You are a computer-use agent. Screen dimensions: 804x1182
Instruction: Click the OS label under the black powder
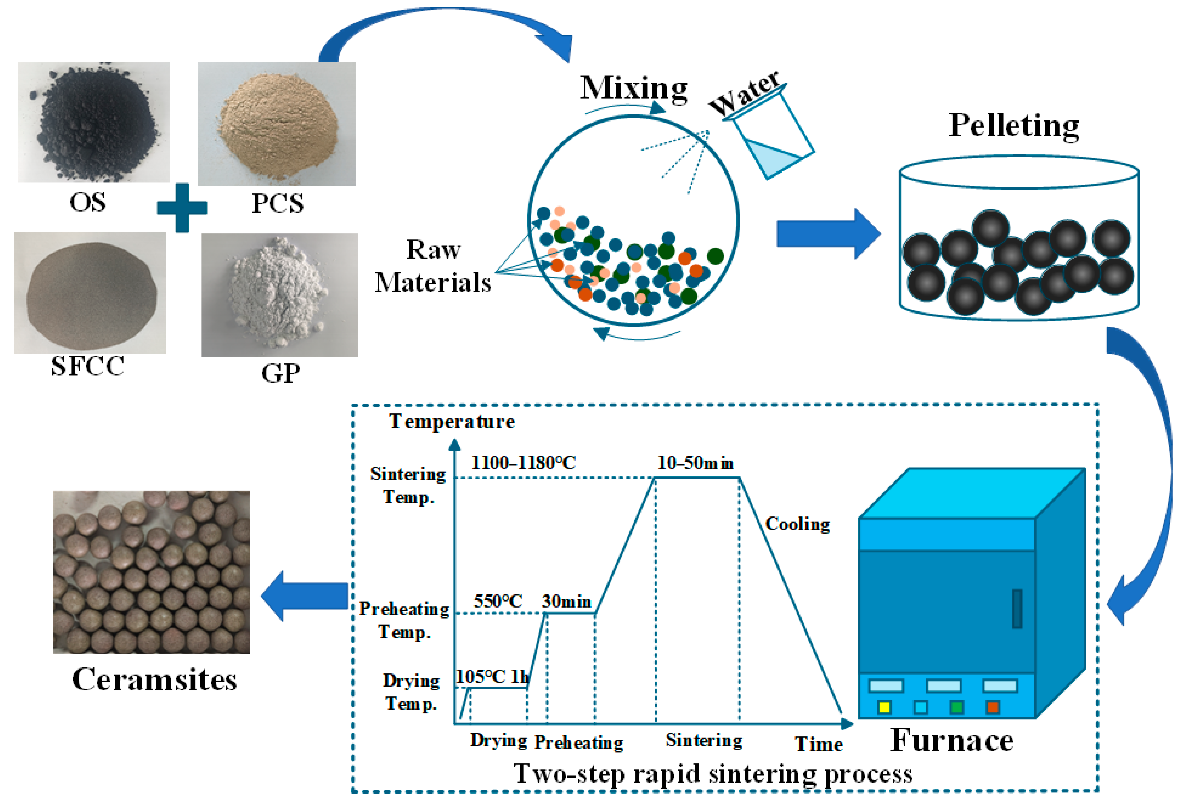[x=88, y=202]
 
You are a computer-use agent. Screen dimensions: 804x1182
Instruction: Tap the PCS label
[x=278, y=203]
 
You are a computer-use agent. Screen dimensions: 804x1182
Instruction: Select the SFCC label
[x=88, y=366]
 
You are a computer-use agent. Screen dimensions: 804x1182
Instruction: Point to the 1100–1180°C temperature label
[x=523, y=463]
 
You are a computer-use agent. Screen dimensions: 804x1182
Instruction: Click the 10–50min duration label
[x=695, y=463]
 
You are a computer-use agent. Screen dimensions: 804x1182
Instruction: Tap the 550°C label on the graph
[x=498, y=602]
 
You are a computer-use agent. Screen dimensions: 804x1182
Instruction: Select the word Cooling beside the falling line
[x=797, y=524]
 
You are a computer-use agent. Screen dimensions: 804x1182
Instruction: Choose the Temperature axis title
[x=452, y=421]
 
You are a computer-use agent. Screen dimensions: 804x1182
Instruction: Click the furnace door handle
[x=1017, y=609]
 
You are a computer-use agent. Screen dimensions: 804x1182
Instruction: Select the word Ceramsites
[x=154, y=679]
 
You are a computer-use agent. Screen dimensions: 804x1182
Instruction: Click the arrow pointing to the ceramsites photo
[x=305, y=596]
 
